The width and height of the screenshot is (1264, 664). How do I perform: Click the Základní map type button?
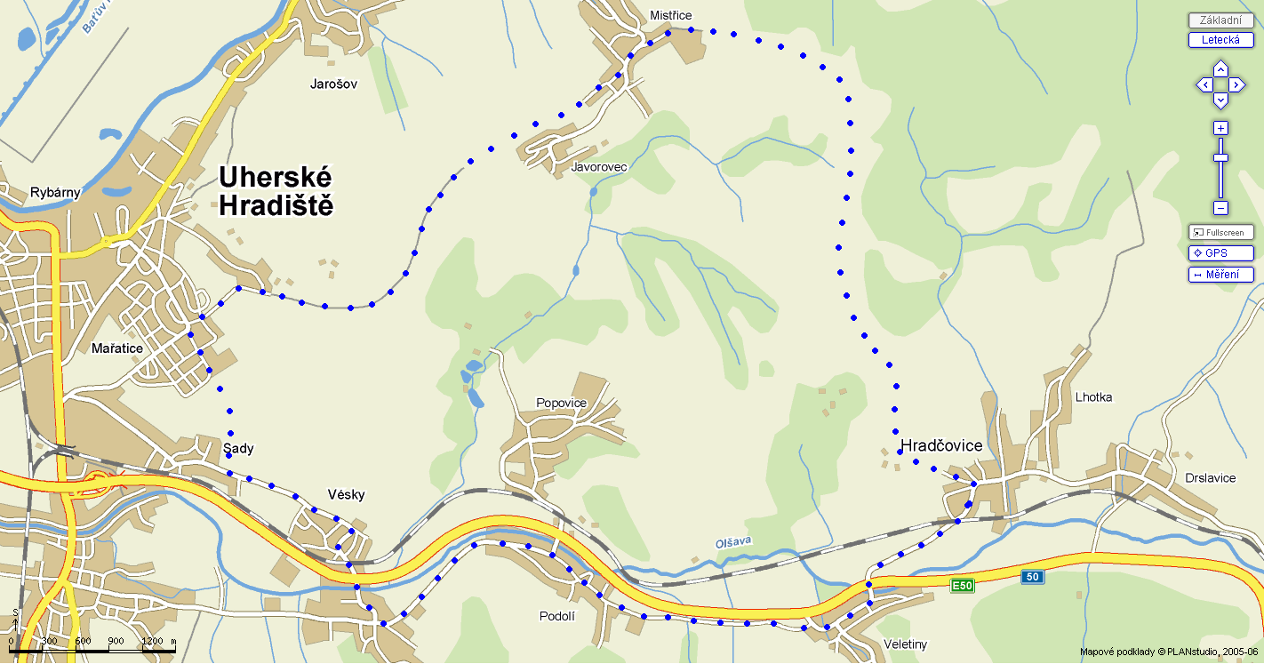tap(1220, 20)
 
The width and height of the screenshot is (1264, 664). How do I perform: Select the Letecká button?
tap(1220, 40)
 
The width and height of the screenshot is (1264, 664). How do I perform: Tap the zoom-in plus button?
tap(1220, 128)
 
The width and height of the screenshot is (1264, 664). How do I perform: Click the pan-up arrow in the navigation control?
tap(1220, 68)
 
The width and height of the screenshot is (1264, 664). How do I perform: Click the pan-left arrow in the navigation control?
tap(1204, 85)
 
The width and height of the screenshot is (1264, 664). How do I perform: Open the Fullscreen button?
tap(1220, 232)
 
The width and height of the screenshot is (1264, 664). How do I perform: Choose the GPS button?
tap(1220, 253)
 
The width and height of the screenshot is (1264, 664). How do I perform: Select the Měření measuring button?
tap(1220, 275)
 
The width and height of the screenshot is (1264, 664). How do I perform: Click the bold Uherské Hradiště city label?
tap(276, 191)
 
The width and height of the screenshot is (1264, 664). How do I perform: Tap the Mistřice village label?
tap(670, 15)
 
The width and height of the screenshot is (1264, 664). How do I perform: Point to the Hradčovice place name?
tap(941, 445)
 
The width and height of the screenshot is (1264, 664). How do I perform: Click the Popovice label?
tap(561, 403)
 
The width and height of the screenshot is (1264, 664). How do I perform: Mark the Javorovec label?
tap(599, 167)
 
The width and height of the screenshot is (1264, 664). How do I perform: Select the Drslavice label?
tap(1210, 478)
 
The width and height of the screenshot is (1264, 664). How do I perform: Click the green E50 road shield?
tap(962, 586)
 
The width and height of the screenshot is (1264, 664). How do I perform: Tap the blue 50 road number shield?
tap(1031, 577)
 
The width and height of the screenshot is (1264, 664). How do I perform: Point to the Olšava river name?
tap(733, 541)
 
